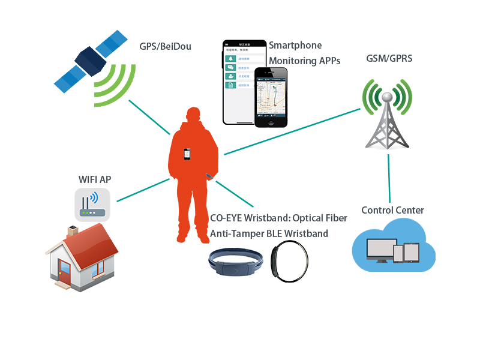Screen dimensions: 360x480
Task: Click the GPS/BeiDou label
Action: click(x=165, y=46)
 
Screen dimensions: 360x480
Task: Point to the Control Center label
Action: click(x=392, y=211)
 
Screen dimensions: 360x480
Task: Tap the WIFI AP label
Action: click(x=95, y=179)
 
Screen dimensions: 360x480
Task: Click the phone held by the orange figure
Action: click(x=188, y=154)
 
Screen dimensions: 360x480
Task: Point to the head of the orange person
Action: click(x=193, y=116)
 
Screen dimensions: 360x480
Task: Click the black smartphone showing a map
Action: click(x=271, y=96)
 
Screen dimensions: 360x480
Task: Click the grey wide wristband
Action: click(x=236, y=264)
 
